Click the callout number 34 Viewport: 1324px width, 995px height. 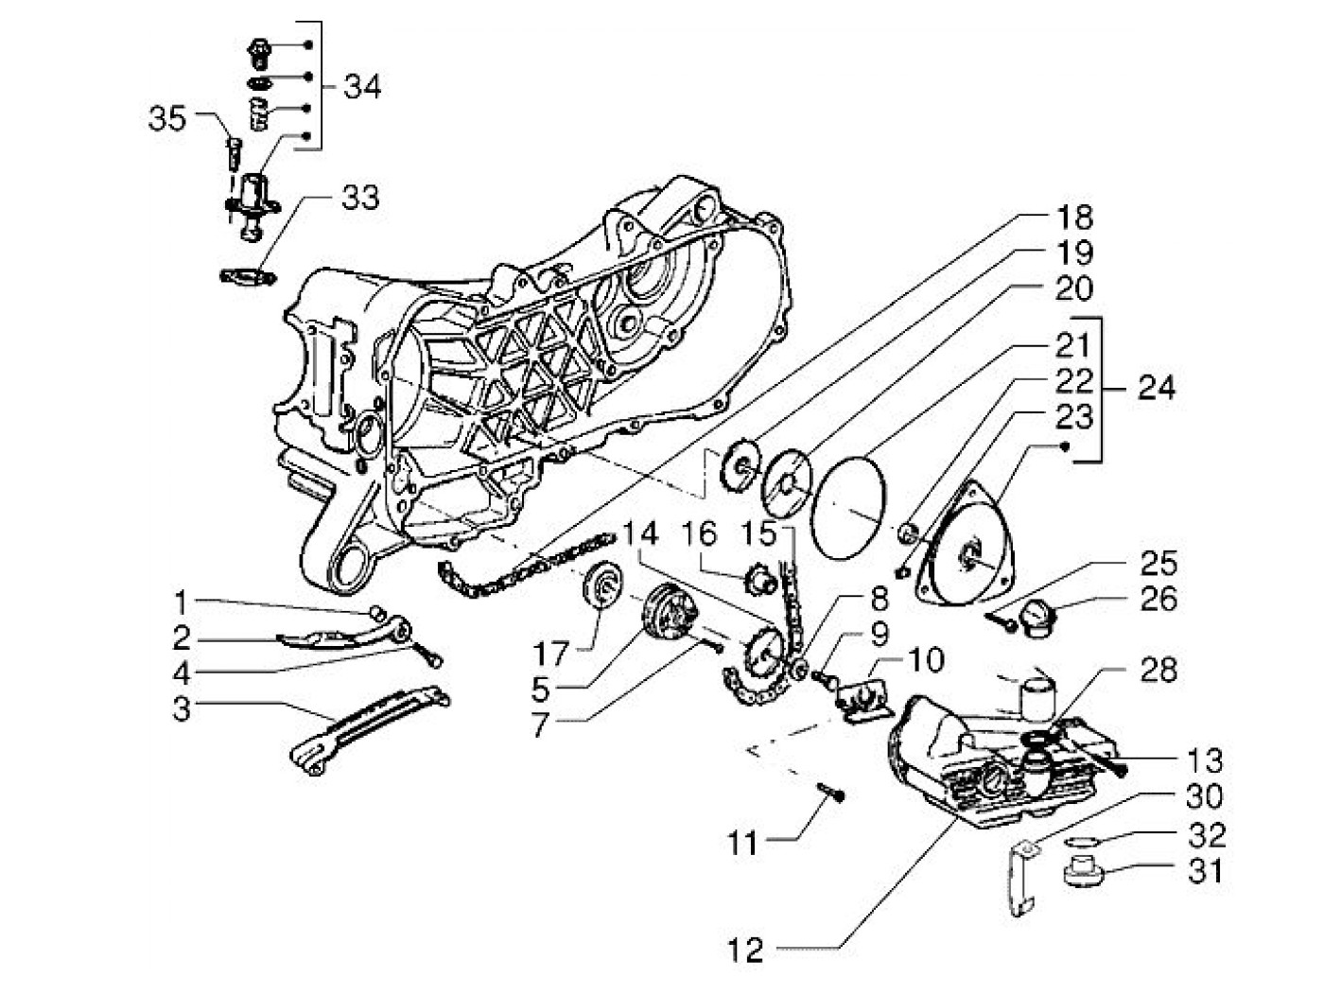point(362,87)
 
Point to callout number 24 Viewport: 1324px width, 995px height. point(1150,388)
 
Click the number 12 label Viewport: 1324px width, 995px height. point(746,950)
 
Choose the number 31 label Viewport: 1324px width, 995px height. point(1205,869)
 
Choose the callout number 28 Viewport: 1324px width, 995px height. point(1158,670)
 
